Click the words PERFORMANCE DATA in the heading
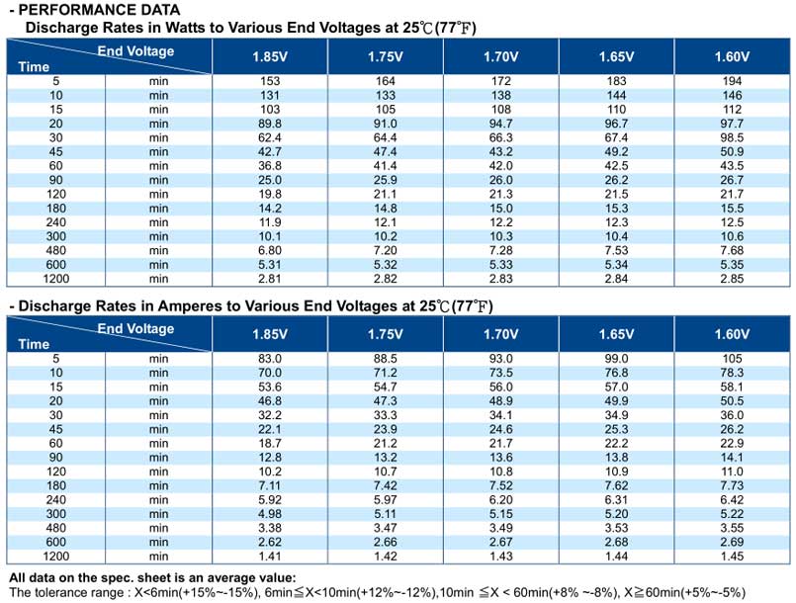point(99,10)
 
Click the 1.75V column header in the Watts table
point(386,56)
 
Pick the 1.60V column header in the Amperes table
point(732,334)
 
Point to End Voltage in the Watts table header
point(135,51)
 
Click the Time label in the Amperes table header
point(34,344)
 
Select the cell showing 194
point(732,81)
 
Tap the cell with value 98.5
point(732,137)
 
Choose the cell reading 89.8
point(270,124)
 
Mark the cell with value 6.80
point(270,250)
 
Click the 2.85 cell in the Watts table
point(732,279)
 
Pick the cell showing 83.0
point(270,359)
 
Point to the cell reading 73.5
point(501,373)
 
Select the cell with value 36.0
point(732,415)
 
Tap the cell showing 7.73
point(732,485)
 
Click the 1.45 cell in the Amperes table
point(732,556)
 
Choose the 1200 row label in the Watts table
point(55,279)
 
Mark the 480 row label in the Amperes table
point(55,528)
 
